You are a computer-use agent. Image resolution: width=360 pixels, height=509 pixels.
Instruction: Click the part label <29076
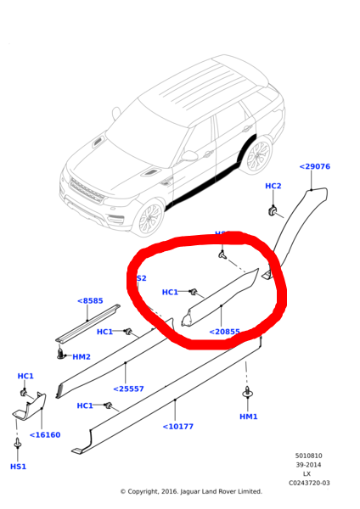tap(314, 167)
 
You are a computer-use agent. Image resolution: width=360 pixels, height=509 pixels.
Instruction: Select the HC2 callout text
tap(273, 187)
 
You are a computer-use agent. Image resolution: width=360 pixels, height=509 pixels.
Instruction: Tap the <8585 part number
tap(90, 301)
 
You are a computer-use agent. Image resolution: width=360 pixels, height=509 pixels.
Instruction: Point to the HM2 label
tap(82, 357)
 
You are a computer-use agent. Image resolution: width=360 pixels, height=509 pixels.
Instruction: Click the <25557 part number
tap(128, 389)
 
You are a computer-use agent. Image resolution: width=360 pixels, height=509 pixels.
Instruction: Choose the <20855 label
tap(224, 333)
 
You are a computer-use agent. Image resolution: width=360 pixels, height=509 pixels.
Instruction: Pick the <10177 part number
tap(177, 427)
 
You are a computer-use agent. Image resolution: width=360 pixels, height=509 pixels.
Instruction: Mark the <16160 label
tap(45, 435)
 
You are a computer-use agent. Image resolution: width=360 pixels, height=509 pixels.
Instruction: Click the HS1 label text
tap(18, 467)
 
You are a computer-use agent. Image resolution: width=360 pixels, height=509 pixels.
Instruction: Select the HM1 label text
tap(248, 417)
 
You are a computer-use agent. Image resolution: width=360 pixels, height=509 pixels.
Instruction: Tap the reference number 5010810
tap(308, 456)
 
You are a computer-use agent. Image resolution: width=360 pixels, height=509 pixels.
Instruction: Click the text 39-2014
tap(308, 465)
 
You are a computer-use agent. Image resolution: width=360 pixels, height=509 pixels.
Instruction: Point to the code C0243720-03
tap(308, 484)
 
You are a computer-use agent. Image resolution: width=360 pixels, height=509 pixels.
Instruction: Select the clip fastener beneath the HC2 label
tap(273, 209)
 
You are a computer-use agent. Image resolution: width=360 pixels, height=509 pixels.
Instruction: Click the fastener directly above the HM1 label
tap(247, 394)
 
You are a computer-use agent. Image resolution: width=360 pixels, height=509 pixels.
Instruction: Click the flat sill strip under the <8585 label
tap(87, 324)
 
